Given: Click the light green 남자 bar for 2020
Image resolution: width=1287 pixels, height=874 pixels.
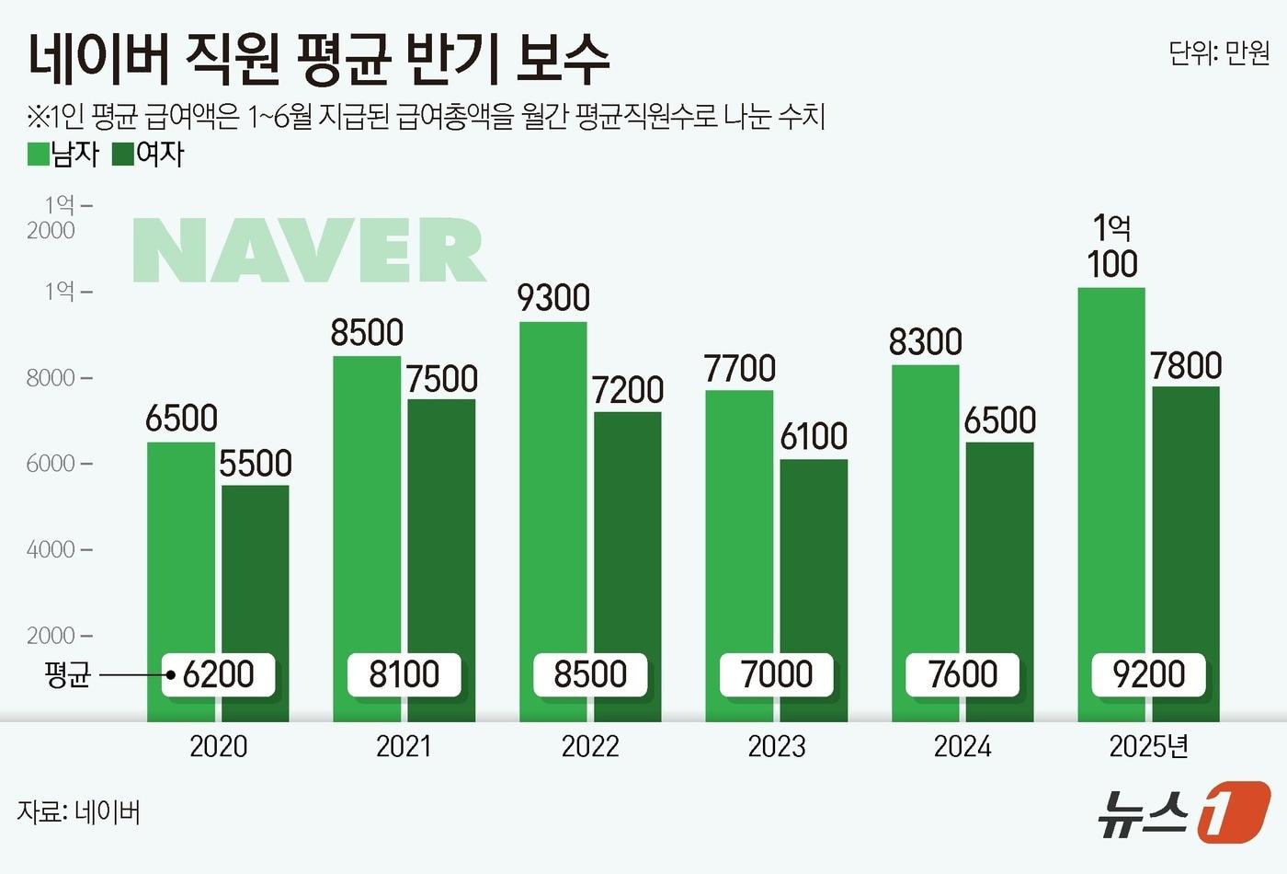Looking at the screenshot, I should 181,552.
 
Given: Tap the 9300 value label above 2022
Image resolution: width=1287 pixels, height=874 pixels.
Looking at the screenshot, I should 553,298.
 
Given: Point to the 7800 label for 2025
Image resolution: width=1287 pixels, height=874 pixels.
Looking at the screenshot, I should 1186,366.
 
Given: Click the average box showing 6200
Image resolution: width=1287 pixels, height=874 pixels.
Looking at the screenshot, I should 219,674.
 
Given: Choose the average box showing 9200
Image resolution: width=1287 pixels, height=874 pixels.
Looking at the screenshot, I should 1148,674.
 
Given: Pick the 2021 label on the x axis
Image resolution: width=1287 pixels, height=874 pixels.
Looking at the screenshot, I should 404,746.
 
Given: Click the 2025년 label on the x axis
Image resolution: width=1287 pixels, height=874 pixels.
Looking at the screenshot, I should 1148,746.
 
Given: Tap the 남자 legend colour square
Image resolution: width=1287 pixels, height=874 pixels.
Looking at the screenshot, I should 39,154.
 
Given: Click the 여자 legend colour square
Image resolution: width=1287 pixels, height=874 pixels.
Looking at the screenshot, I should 123,154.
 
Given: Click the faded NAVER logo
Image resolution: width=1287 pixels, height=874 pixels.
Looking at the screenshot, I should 309,250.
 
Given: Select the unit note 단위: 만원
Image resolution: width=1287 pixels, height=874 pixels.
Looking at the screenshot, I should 1218,53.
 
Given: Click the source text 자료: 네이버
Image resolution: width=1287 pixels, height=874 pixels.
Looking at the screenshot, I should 79,812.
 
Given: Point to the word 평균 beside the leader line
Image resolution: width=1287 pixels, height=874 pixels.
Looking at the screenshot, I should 67,675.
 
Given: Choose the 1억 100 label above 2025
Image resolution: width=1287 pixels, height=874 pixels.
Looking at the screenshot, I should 1112,247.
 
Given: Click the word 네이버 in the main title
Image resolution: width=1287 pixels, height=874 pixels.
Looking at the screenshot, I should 99,59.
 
